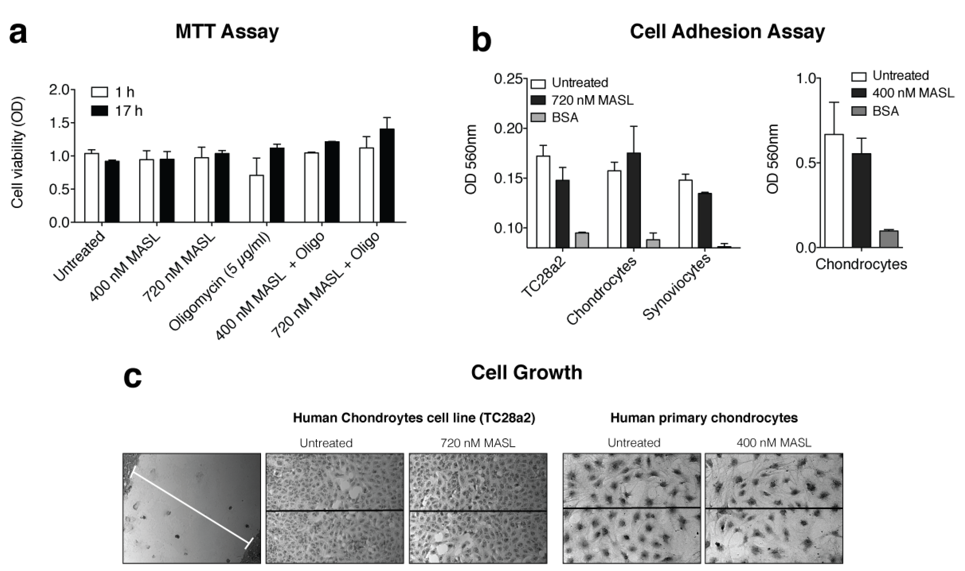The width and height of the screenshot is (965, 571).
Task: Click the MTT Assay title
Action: tap(227, 32)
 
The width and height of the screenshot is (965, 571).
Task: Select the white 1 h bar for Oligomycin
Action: tap(257, 198)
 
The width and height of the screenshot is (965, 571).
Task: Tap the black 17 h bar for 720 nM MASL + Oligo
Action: tap(387, 175)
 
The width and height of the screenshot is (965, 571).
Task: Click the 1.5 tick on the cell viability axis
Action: tap(61, 123)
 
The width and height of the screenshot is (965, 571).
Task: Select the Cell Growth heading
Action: tap(526, 373)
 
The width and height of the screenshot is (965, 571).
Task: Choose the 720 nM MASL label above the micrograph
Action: tap(477, 443)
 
